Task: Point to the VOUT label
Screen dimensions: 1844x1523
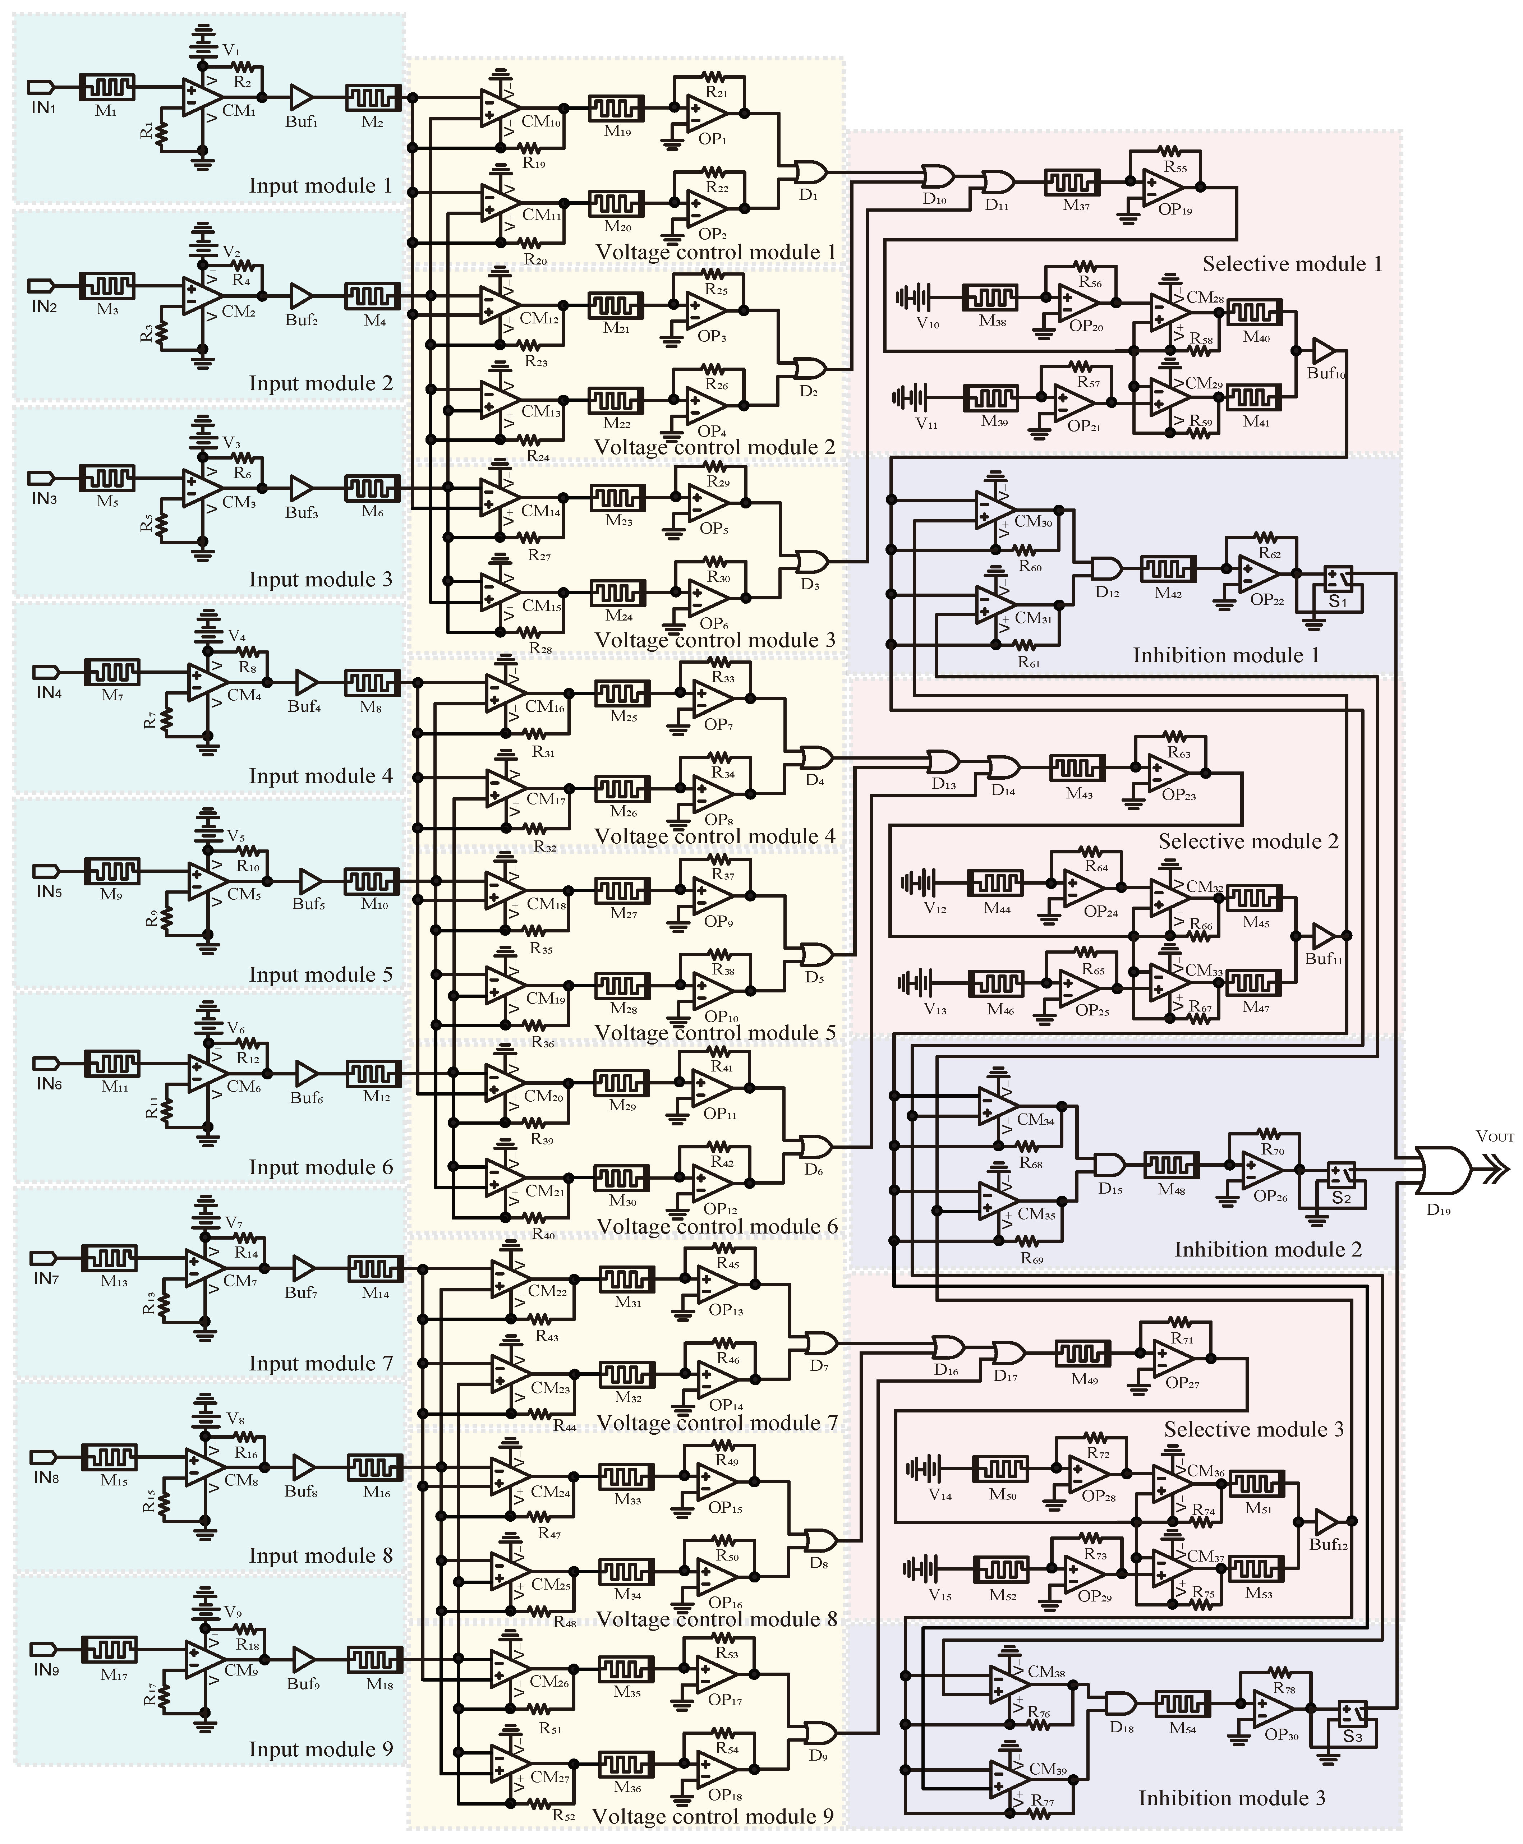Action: (1494, 1136)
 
